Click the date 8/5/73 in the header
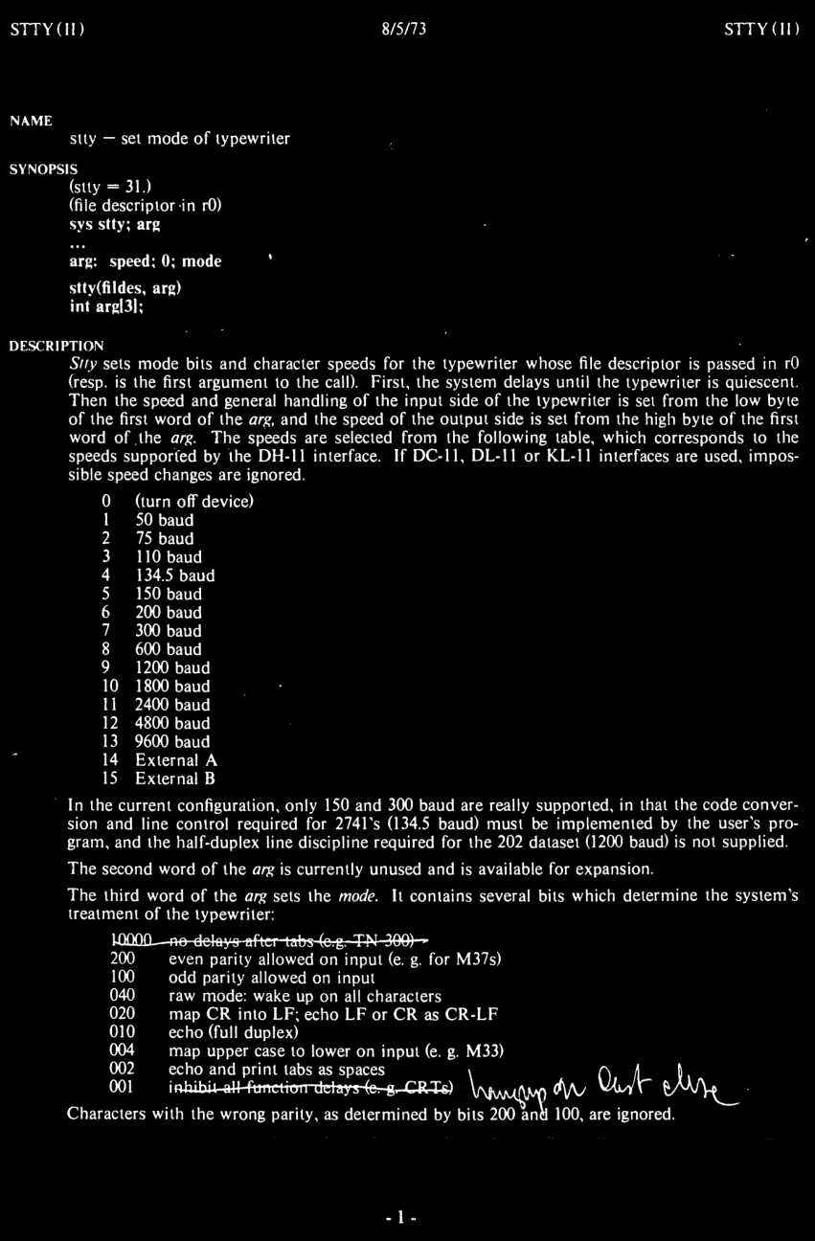(402, 29)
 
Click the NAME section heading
(31, 121)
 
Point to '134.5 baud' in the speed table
(174, 575)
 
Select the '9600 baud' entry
(171, 741)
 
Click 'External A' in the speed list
(176, 760)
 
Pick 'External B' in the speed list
(176, 778)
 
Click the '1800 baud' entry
(171, 686)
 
